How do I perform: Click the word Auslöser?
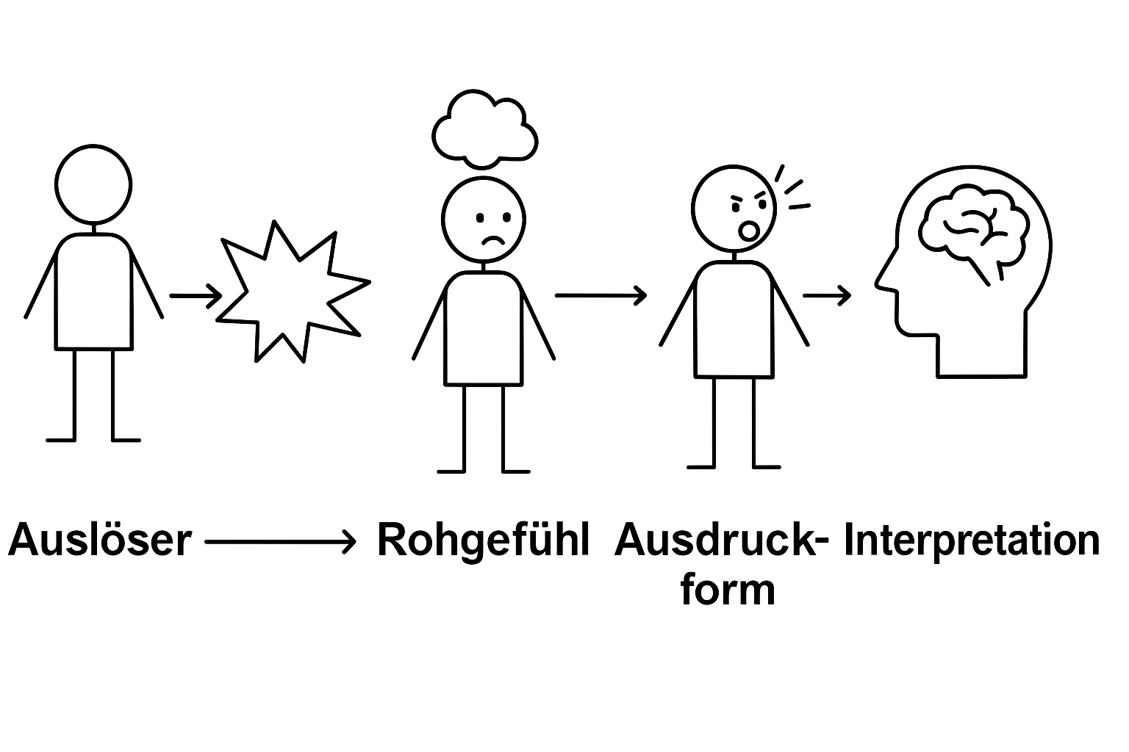(x=99, y=541)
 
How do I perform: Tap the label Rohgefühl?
(x=483, y=541)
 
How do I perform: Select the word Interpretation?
(x=972, y=541)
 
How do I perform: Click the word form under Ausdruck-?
(x=728, y=590)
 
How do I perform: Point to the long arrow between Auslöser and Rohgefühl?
(x=279, y=543)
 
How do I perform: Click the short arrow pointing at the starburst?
(x=195, y=296)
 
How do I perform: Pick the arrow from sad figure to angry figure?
(x=601, y=295)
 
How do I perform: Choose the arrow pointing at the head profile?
(x=827, y=296)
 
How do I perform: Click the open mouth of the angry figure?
(x=749, y=231)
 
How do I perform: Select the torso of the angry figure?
(x=733, y=319)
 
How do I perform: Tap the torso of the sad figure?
(x=484, y=328)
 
